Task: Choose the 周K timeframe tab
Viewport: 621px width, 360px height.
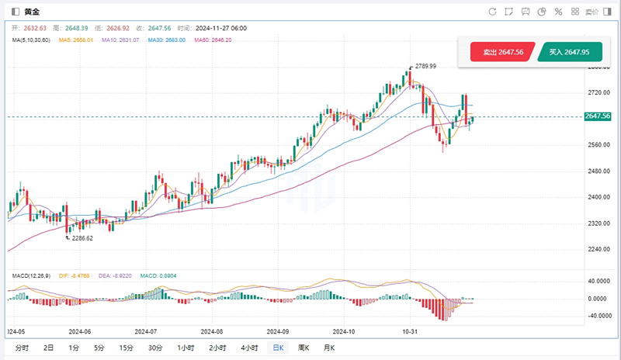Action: coord(303,348)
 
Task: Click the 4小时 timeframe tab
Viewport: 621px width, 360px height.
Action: coord(249,348)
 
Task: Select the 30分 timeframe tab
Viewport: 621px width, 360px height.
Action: coord(155,348)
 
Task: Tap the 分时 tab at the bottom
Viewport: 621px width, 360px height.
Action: coord(21,348)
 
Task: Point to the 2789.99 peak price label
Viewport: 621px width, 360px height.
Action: coord(425,66)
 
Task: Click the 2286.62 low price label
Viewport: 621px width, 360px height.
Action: coord(81,239)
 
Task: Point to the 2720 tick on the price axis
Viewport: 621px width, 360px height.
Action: coord(598,92)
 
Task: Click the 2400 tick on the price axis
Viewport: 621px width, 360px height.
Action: coord(598,197)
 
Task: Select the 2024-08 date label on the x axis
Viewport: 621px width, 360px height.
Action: coord(212,329)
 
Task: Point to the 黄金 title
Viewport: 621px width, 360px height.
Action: coord(33,12)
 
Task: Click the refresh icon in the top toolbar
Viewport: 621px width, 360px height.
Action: coord(492,12)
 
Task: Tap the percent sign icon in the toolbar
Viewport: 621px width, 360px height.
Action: coord(557,12)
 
